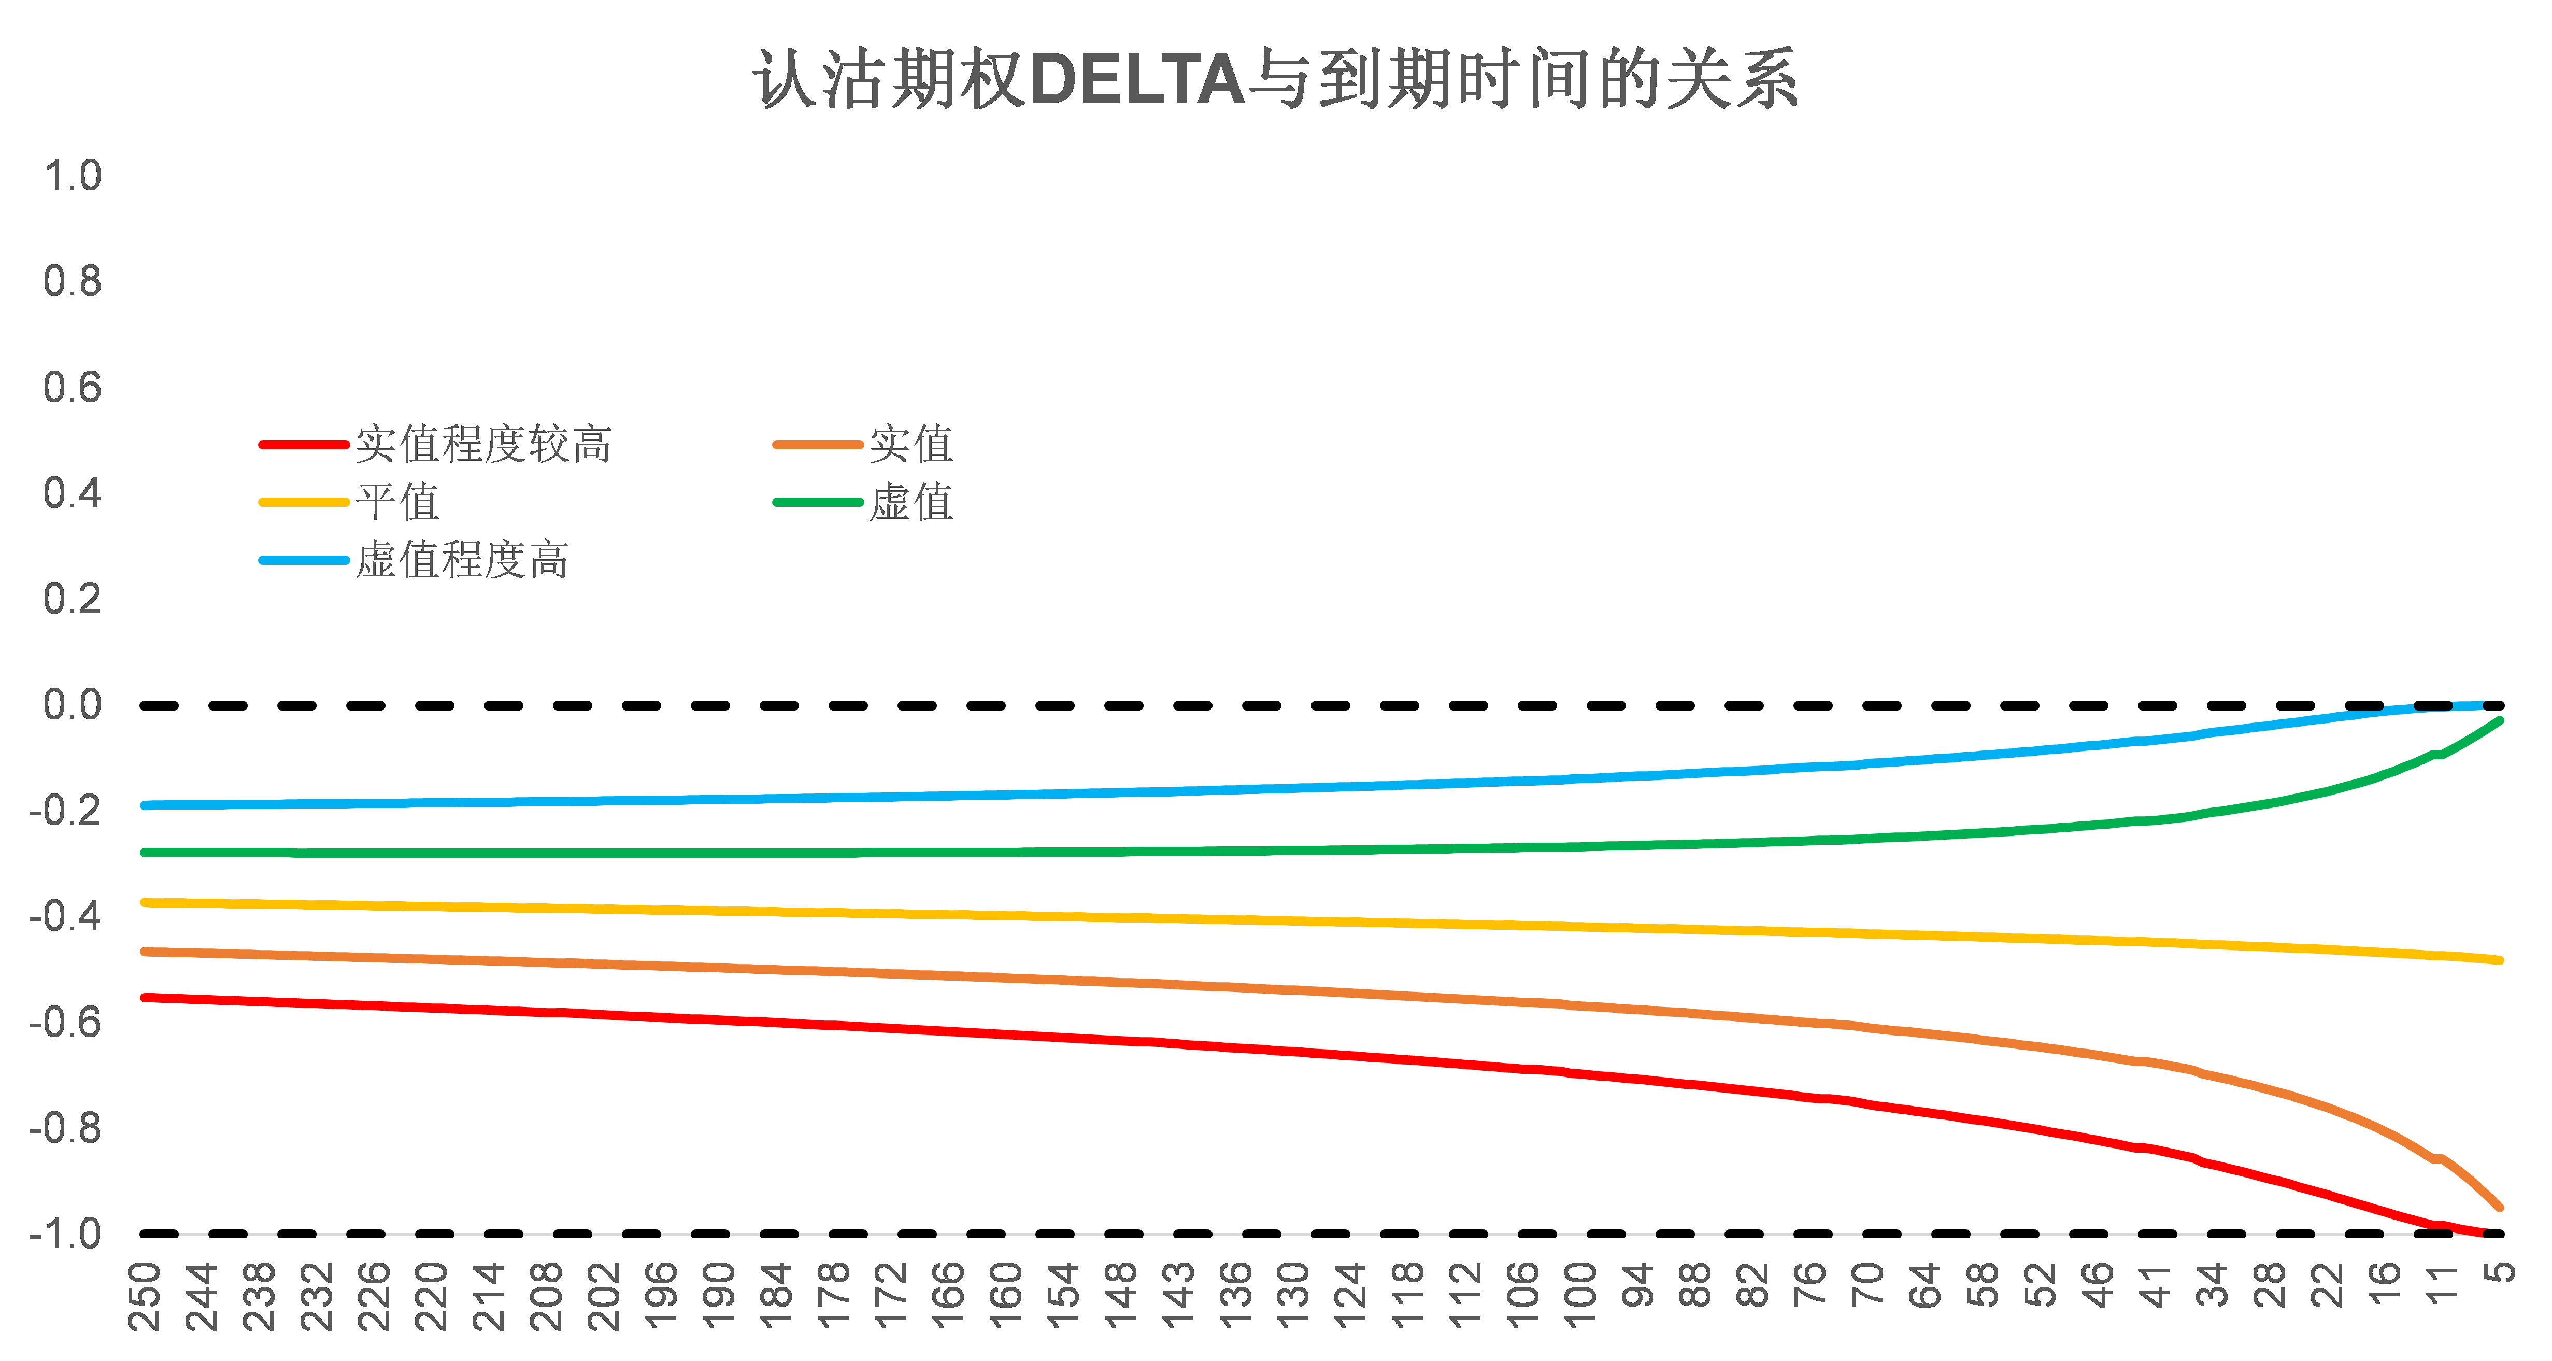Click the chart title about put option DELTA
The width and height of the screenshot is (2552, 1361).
coord(1275,79)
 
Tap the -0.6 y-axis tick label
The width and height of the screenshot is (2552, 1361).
coord(65,1022)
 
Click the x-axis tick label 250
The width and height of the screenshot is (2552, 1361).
coord(145,1296)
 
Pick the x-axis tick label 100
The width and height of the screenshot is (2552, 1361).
coord(1581,1296)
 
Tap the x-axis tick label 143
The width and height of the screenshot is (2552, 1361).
coord(1179,1296)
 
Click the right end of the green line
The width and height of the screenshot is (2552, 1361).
coord(2501,721)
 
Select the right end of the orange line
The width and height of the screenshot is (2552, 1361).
coord(2501,1208)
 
